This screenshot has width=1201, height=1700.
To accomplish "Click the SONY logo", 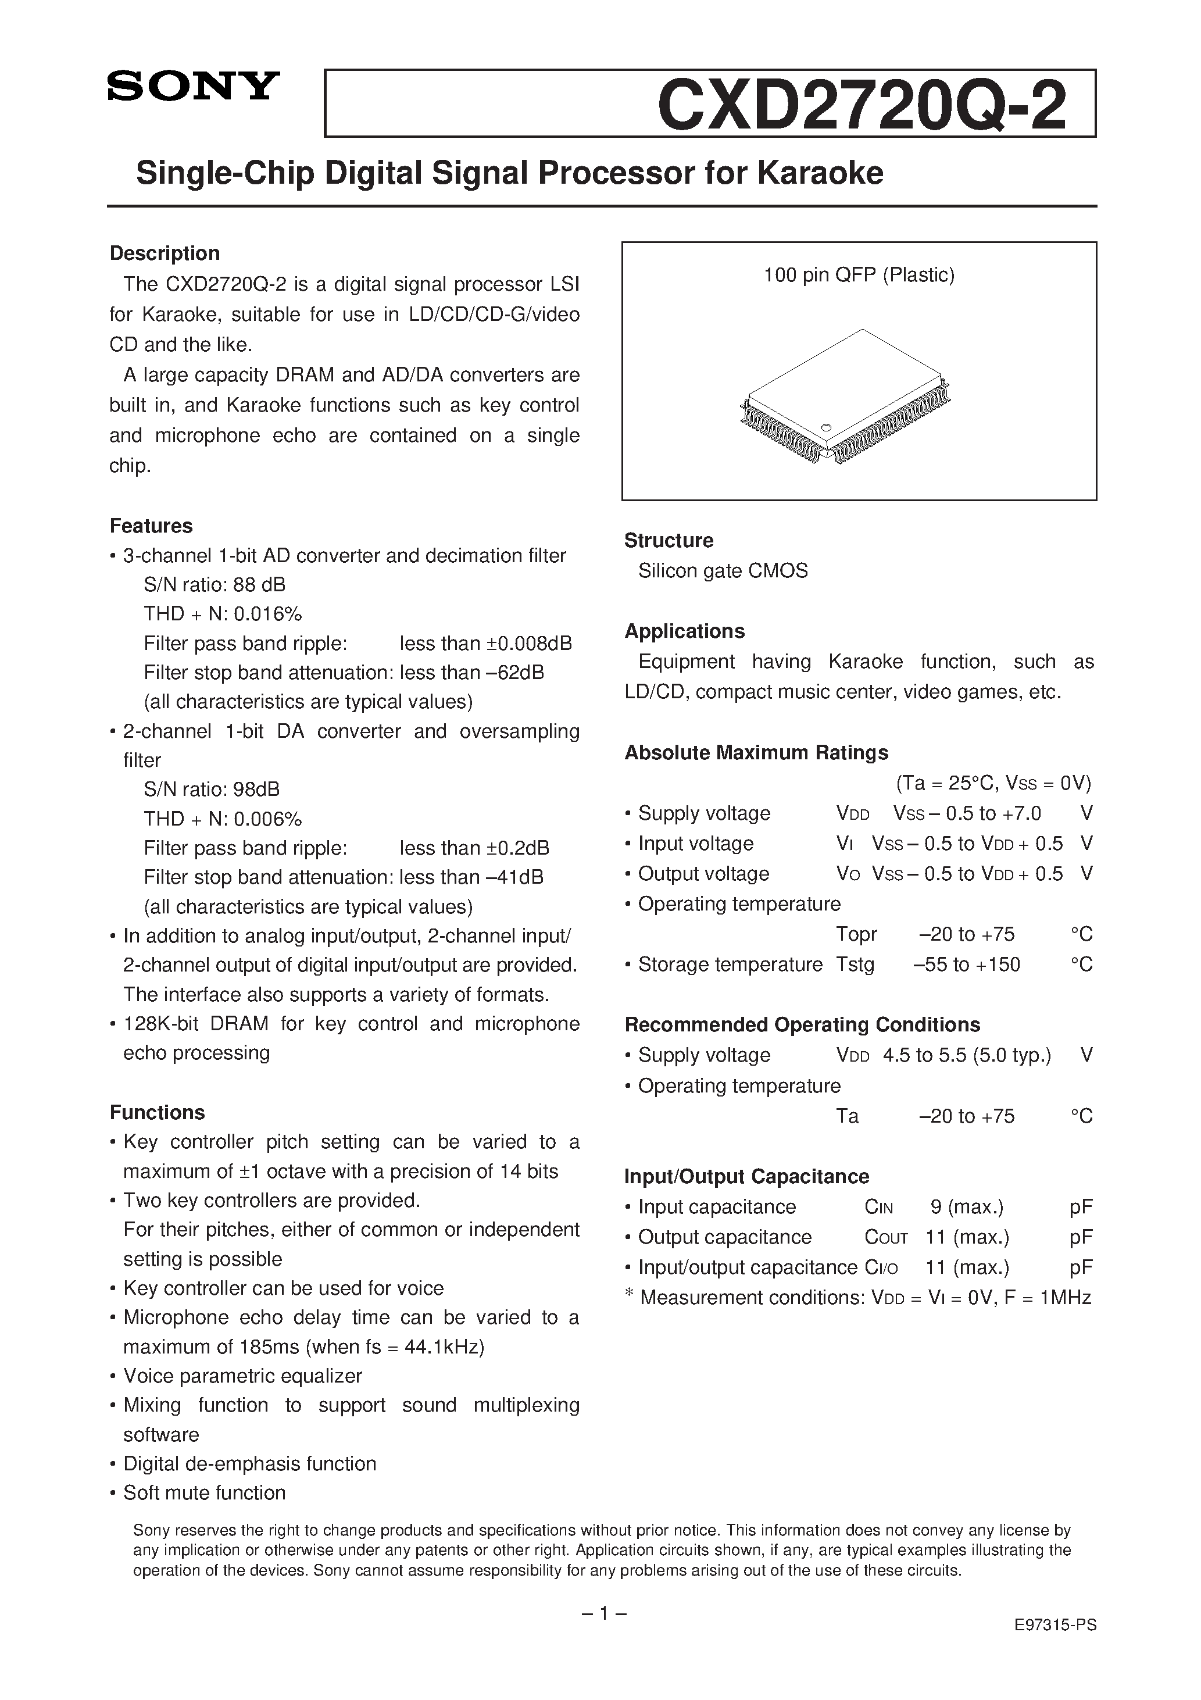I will pos(193,87).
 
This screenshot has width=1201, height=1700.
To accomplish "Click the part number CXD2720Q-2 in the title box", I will pos(861,105).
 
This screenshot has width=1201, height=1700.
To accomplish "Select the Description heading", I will pos(165,253).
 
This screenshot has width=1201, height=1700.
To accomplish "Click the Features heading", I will pos(151,526).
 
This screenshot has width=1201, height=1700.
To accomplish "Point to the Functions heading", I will pos(157,1112).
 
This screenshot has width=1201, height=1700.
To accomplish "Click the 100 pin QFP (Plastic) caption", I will pos(859,276).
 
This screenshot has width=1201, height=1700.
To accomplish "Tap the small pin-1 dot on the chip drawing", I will pos(826,427).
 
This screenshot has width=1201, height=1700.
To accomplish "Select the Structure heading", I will pos(669,541).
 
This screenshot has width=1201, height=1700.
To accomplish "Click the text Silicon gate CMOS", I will pos(723,571).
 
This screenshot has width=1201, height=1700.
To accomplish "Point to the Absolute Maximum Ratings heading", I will pos(756,752).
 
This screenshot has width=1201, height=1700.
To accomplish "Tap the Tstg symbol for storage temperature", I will pos(855,964).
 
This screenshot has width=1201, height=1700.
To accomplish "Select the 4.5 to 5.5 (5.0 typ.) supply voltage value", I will pos(966,1055).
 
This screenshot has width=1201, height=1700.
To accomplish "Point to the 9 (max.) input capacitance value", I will pos(966,1207).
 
